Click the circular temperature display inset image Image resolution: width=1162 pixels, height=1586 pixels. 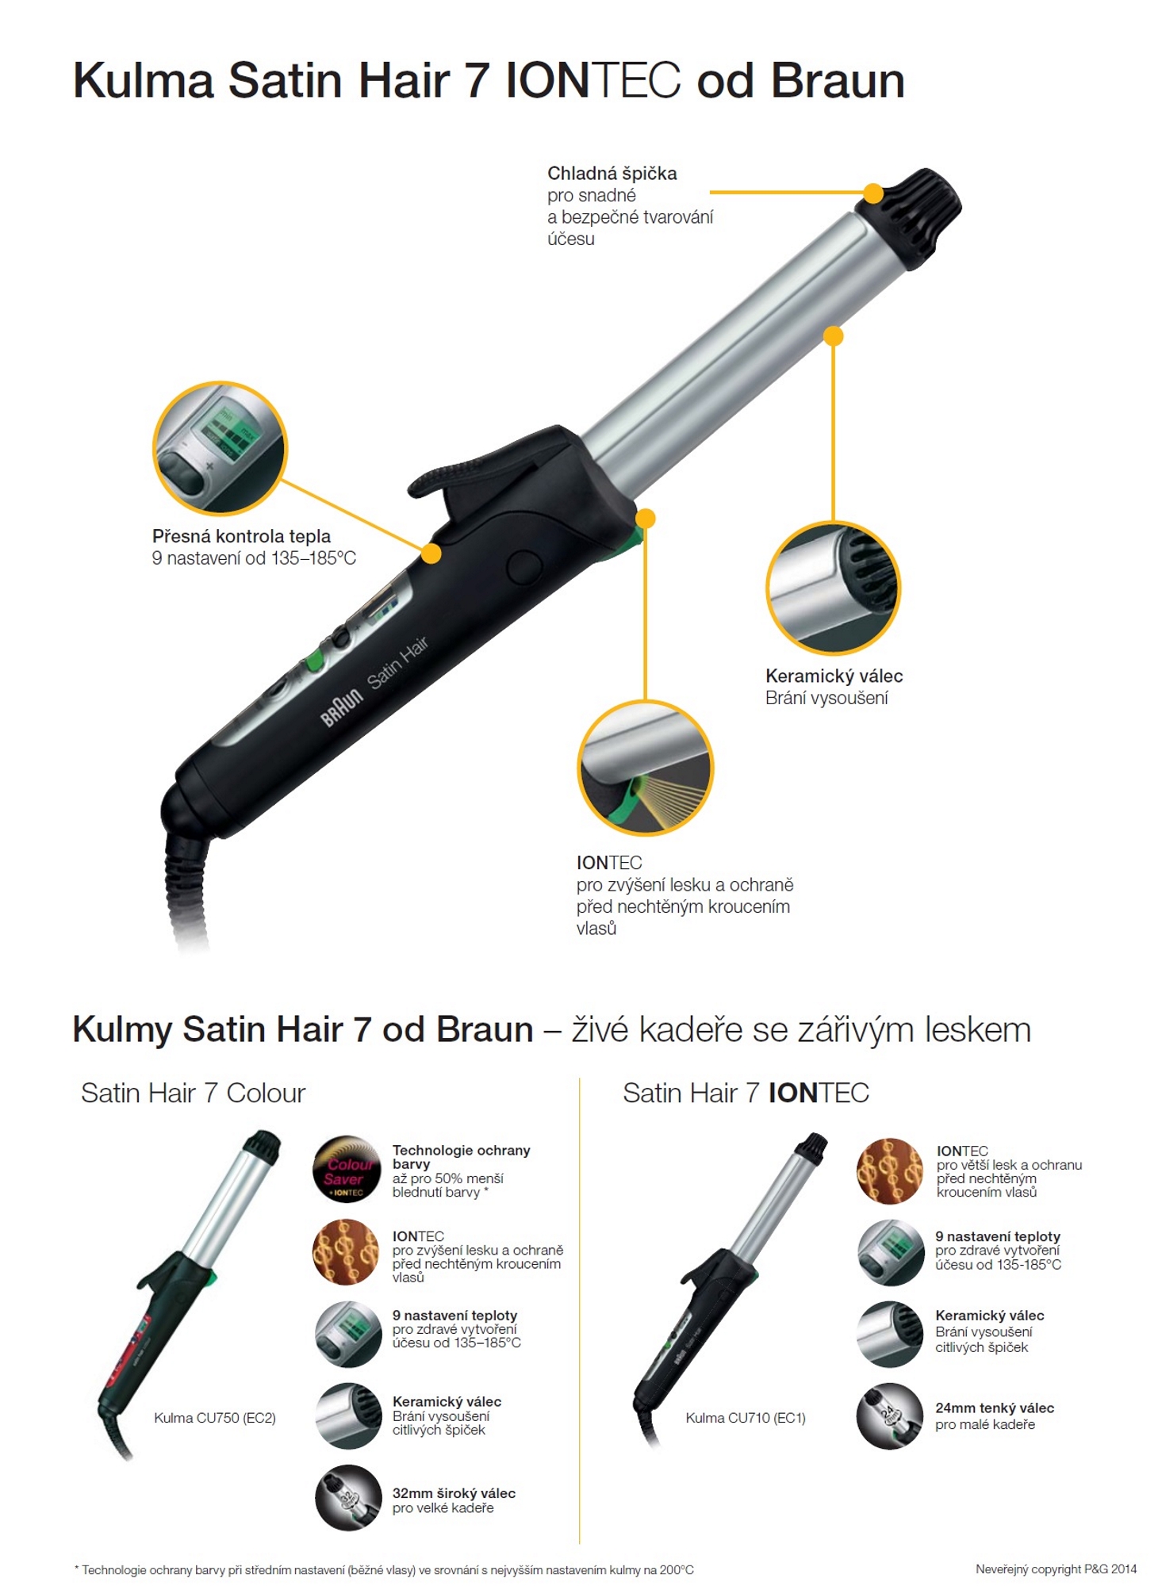(220, 448)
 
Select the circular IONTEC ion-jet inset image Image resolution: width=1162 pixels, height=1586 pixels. (646, 768)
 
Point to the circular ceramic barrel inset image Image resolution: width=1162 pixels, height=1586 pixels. (833, 588)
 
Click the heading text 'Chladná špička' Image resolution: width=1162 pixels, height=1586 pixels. (612, 174)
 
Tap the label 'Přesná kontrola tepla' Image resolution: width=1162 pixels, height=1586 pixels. (241, 536)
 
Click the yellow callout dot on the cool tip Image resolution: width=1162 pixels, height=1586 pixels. (873, 193)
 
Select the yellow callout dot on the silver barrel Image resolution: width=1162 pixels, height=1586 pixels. (833, 336)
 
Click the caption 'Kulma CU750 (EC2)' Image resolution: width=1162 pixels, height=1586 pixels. (215, 1417)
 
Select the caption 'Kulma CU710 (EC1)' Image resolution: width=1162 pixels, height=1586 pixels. (746, 1417)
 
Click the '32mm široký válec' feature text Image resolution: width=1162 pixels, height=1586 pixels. (454, 1493)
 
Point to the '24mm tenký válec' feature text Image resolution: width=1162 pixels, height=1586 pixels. (995, 1408)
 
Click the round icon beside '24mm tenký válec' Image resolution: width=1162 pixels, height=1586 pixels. (890, 1416)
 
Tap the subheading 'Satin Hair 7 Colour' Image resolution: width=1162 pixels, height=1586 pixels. (193, 1093)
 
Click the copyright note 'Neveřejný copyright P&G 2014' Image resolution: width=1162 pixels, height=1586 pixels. (1056, 1569)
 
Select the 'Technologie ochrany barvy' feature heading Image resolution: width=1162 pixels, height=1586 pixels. (461, 1157)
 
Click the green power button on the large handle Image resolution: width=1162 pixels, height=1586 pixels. (314, 659)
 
